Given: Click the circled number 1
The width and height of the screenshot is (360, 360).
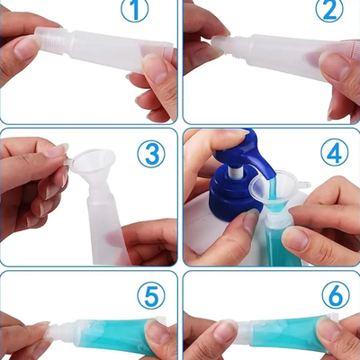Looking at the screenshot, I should click(134, 12).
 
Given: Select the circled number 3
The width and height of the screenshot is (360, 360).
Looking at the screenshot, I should click(151, 152).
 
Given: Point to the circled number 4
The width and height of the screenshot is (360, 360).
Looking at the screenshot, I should click(333, 152).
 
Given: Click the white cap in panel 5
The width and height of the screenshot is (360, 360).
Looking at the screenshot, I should click(63, 334).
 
